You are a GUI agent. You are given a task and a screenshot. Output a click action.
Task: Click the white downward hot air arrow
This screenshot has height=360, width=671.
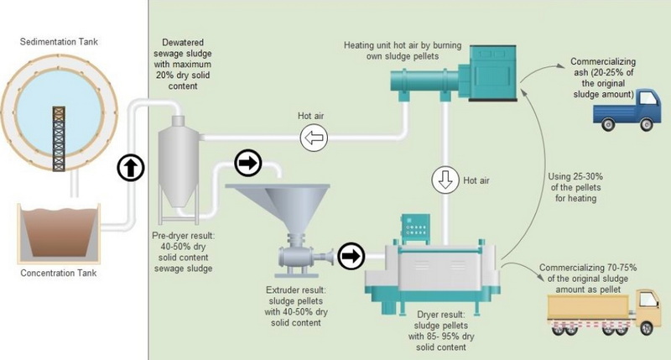[444, 180]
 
